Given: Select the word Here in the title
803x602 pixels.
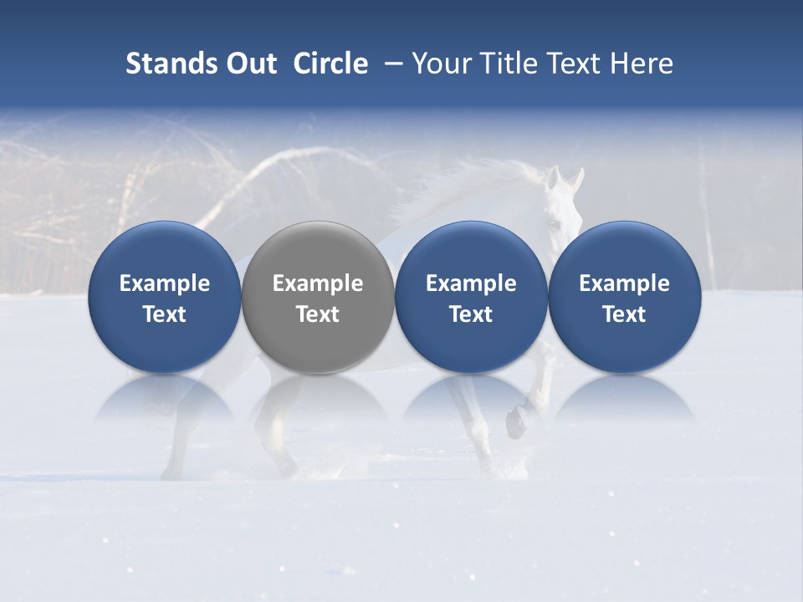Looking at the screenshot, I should click(x=642, y=64).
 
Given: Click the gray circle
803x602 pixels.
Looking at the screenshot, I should click(x=318, y=297).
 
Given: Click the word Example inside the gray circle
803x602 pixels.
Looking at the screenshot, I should click(x=318, y=283).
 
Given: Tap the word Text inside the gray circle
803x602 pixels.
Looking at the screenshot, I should click(x=318, y=314).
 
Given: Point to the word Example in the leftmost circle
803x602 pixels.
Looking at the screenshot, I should click(x=165, y=283).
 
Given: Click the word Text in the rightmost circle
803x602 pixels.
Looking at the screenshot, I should click(x=624, y=314).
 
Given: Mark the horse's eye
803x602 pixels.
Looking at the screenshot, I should click(x=555, y=223).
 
